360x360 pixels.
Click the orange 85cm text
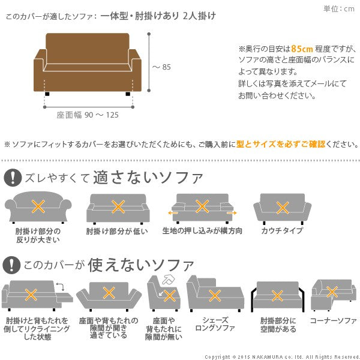[x=302, y=49]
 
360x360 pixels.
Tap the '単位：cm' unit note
[x=339, y=9]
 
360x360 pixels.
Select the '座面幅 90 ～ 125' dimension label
[x=88, y=115]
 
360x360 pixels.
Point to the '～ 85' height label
[x=161, y=67]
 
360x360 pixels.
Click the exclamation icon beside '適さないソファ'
[x=13, y=178]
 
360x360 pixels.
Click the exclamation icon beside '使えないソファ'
[x=11, y=265]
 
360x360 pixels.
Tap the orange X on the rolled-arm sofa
[x=38, y=206]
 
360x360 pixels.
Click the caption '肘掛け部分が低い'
[x=117, y=231]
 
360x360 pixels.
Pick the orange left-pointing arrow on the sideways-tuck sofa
[x=173, y=213]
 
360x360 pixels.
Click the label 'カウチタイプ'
[x=282, y=230]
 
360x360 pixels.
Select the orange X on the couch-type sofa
[x=283, y=208]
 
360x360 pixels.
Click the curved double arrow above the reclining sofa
[x=61, y=287]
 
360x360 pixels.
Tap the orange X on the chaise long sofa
[x=215, y=295]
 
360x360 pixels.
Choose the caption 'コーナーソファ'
[x=334, y=320]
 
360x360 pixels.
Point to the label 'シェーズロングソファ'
[x=215, y=324]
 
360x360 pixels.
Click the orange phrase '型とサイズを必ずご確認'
[x=281, y=144]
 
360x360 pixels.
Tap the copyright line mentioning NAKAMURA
[x=282, y=357]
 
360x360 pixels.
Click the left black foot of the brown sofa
[x=47, y=94]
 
